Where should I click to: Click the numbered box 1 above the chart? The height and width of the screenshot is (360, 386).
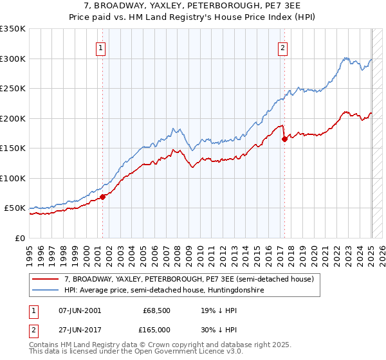click(102, 46)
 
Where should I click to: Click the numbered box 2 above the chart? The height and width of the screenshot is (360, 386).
click(283, 46)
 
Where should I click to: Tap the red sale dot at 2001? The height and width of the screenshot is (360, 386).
click(102, 197)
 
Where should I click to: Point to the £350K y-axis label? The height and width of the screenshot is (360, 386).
click(13, 29)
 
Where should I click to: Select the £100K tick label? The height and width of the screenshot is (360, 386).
click(13, 178)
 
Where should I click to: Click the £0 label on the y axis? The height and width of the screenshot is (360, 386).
click(20, 238)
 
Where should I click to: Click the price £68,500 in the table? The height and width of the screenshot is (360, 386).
click(156, 310)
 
